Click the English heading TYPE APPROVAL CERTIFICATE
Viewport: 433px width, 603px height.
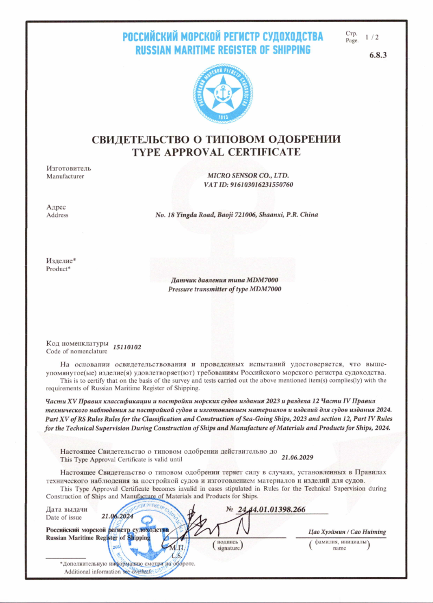pyautogui.click(x=216, y=152)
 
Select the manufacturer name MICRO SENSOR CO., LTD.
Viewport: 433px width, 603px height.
pyautogui.click(x=249, y=175)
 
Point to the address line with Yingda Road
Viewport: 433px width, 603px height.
pyautogui.click(x=237, y=214)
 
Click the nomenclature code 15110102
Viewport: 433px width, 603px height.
pyautogui.click(x=127, y=346)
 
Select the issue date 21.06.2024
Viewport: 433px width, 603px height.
pyautogui.click(x=117, y=516)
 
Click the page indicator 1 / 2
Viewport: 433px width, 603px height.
pyautogui.click(x=372, y=37)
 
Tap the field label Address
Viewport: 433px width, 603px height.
pyautogui.click(x=57, y=215)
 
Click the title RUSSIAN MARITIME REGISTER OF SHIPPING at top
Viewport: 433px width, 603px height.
pyautogui.click(x=222, y=50)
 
